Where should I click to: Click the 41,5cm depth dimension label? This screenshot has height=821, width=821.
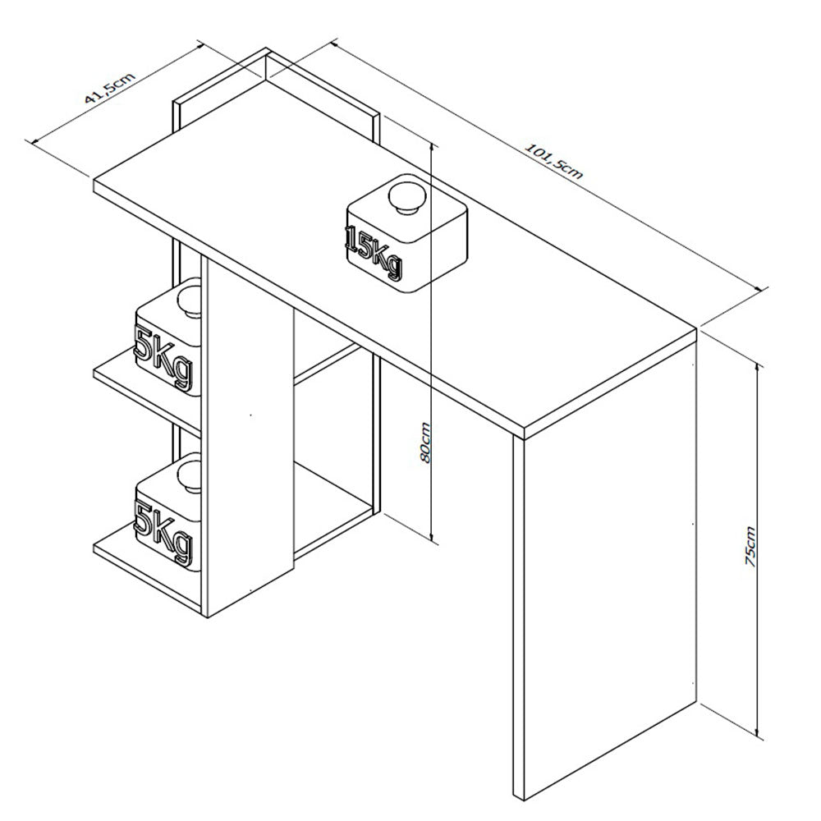(111, 88)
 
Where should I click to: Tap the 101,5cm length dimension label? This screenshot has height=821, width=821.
(553, 161)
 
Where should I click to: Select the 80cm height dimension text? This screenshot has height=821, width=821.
(424, 443)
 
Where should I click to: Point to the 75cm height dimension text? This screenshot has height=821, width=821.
(750, 546)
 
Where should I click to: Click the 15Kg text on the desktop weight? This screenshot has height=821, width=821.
(374, 252)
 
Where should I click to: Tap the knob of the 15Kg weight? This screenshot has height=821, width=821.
(408, 196)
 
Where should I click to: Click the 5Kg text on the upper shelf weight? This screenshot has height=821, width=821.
(163, 358)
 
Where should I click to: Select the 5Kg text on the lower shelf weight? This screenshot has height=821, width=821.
(163, 533)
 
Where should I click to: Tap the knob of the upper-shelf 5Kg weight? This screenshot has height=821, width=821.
(189, 300)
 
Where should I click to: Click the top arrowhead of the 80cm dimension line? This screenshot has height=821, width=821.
(432, 148)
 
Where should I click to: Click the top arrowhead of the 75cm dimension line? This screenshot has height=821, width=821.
(757, 366)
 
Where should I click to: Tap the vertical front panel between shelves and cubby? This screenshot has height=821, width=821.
(250, 438)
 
